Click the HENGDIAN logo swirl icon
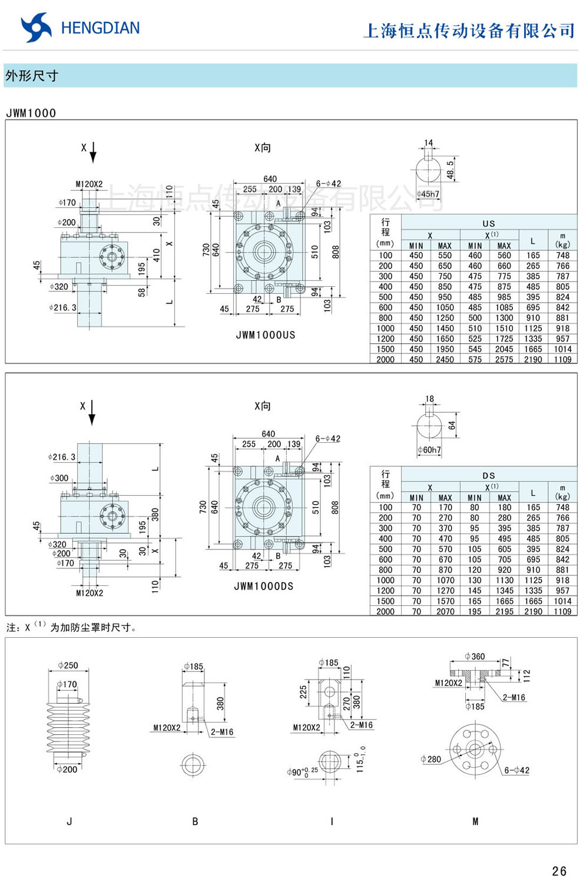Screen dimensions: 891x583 pyautogui.click(x=35, y=28)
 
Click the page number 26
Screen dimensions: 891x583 pyautogui.click(x=559, y=871)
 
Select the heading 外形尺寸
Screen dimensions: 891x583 pyautogui.click(x=32, y=76)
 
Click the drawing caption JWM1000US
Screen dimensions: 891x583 pyautogui.click(x=266, y=335)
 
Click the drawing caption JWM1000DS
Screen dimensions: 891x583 pyautogui.click(x=264, y=587)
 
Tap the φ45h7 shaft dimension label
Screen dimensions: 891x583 pyautogui.click(x=428, y=194)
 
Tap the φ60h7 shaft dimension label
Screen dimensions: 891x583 pyautogui.click(x=429, y=450)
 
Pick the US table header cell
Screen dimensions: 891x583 pyautogui.click(x=489, y=223)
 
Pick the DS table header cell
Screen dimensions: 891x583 pyautogui.click(x=489, y=475)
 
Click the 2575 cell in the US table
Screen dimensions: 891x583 pyautogui.click(x=504, y=359)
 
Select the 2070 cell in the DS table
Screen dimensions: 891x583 pyautogui.click(x=445, y=611)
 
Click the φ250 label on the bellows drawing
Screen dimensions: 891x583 pyautogui.click(x=68, y=665)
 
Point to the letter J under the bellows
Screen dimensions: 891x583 pyautogui.click(x=69, y=822)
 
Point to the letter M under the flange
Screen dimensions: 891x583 pyautogui.click(x=475, y=822)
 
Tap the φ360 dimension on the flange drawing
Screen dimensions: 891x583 pyautogui.click(x=475, y=656)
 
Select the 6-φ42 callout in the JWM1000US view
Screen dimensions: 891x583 pyautogui.click(x=328, y=184)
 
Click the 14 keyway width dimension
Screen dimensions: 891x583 pyautogui.click(x=428, y=143)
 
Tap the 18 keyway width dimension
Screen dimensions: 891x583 pyautogui.click(x=429, y=399)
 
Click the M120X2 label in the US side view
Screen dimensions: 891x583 pyautogui.click(x=89, y=184)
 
